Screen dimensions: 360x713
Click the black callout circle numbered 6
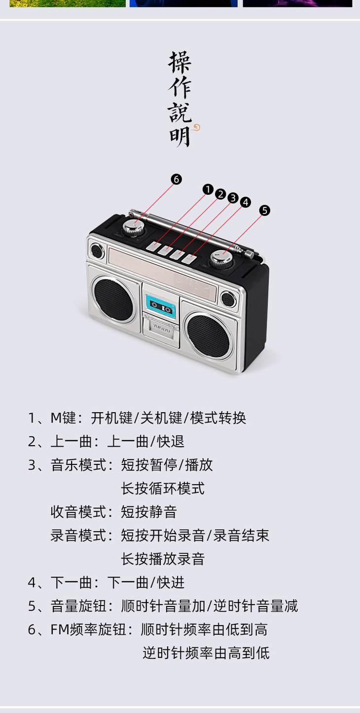click(x=177, y=179)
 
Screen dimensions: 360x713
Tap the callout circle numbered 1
click(x=208, y=189)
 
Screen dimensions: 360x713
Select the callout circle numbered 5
click(x=264, y=211)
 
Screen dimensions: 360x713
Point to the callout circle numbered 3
click(x=233, y=198)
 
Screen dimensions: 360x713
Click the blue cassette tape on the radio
click(x=161, y=305)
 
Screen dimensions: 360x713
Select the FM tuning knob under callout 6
click(x=133, y=228)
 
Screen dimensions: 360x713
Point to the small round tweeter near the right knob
click(x=228, y=299)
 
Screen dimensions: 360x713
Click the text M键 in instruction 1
click(x=63, y=418)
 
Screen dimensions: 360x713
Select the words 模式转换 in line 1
click(x=218, y=418)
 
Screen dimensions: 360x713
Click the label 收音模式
click(x=78, y=512)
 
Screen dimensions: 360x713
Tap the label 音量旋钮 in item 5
click(x=78, y=606)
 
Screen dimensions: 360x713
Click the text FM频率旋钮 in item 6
click(x=88, y=629)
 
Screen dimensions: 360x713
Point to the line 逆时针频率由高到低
click(x=206, y=653)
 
